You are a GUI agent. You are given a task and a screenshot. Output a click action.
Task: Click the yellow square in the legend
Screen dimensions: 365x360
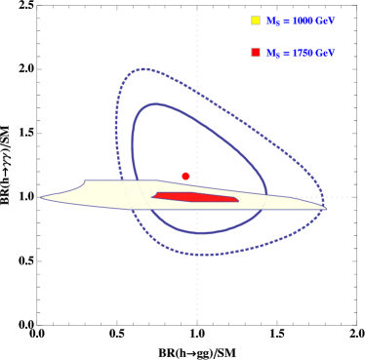click(x=256, y=20)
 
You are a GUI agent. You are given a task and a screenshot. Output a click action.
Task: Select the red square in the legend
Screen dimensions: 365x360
click(x=256, y=52)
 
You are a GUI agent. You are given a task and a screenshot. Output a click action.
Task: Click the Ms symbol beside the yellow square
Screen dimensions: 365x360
click(x=270, y=21)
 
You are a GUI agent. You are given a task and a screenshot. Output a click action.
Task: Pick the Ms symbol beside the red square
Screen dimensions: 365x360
click(x=270, y=53)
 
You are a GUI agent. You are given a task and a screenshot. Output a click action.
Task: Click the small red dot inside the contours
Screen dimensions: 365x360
click(x=185, y=176)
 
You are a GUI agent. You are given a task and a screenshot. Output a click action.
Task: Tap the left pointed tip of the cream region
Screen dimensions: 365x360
click(x=41, y=198)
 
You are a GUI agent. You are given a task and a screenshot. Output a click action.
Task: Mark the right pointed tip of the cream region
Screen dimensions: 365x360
click(x=326, y=207)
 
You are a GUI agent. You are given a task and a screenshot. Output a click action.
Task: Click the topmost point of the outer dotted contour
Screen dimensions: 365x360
click(x=143, y=68)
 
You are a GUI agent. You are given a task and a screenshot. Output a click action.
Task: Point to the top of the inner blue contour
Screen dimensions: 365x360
click(x=156, y=102)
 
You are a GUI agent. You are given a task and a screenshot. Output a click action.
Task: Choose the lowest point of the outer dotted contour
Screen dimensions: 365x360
click(x=200, y=255)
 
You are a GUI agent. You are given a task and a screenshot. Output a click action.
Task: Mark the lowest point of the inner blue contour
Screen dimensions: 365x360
click(x=200, y=233)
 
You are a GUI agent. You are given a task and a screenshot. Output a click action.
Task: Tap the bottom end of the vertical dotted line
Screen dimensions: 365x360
click(x=197, y=319)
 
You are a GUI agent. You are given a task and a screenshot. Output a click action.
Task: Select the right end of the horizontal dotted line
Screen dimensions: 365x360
click(x=352, y=197)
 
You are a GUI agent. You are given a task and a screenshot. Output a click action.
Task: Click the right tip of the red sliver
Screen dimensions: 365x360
click(x=238, y=200)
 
